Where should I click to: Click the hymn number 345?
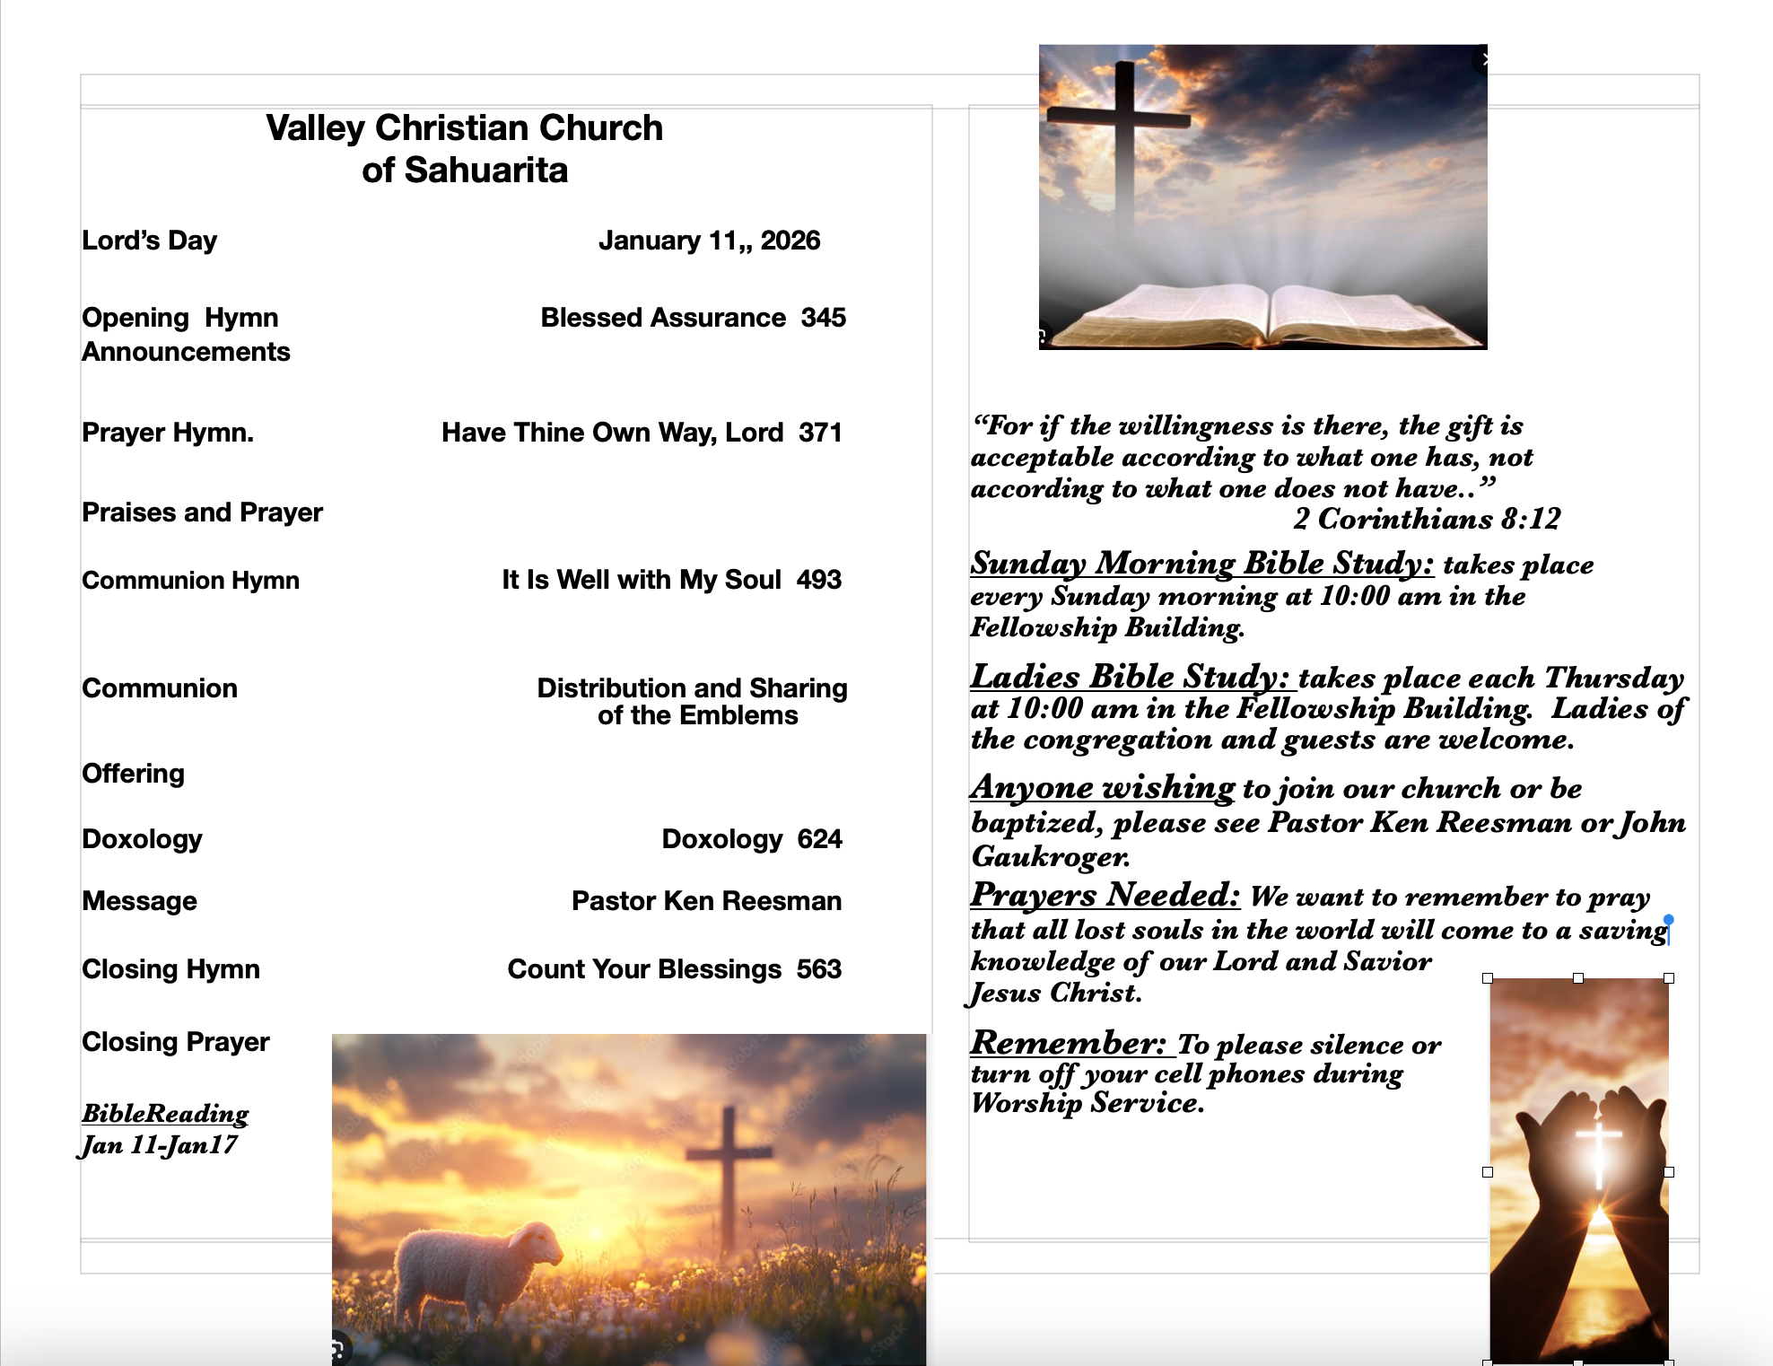823,318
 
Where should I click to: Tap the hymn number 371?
820,433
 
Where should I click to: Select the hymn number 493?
818,580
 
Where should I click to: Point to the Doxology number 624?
819,839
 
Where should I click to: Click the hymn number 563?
818,969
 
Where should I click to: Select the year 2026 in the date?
790,241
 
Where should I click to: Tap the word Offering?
133,774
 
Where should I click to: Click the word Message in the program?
139,901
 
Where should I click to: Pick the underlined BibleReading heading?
165,1113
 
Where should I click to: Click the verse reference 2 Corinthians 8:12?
1426,519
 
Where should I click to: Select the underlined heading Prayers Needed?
1105,895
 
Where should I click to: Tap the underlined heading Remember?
1068,1043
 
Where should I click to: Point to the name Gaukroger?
1050,856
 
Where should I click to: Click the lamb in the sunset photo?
476,1265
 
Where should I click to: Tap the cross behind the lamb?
729,1167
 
